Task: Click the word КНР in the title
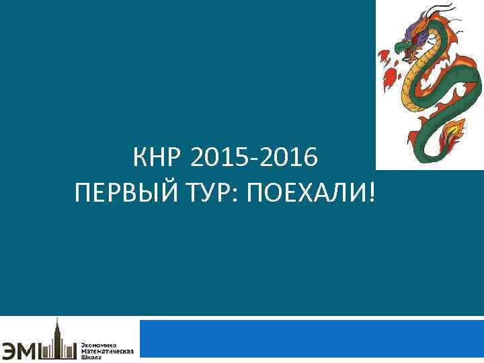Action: (x=157, y=159)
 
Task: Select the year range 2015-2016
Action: (x=253, y=159)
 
